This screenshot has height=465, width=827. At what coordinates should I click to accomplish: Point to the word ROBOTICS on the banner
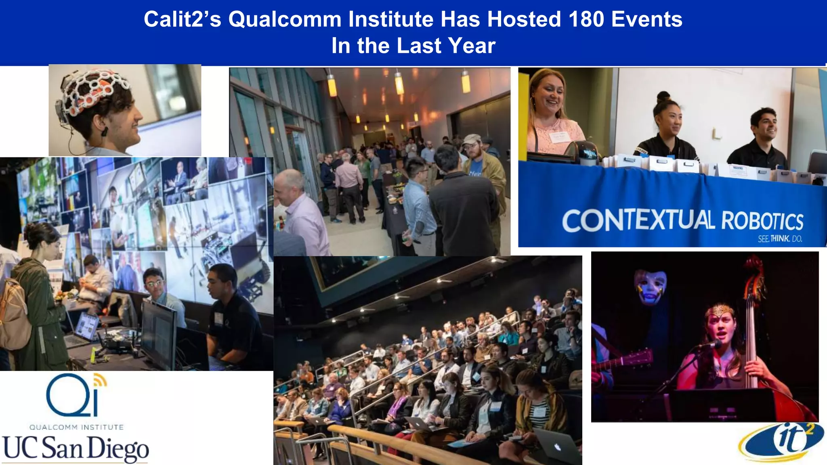pos(762,221)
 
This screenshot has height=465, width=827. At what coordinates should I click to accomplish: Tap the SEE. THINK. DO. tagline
pos(779,239)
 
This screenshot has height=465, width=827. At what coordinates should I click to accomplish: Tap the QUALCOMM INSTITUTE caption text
pos(76,427)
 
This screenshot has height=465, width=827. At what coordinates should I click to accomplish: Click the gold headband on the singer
pos(720,311)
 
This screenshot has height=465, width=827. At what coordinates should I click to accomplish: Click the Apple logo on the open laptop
pos(558,447)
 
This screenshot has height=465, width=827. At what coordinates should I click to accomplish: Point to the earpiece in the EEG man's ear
pos(105,131)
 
